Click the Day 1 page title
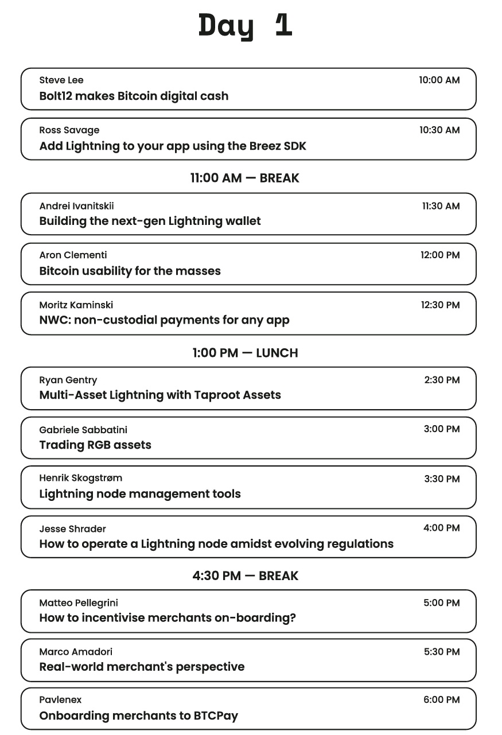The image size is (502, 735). [246, 26]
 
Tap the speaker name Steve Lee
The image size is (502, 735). [61, 80]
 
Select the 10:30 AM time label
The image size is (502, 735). [439, 130]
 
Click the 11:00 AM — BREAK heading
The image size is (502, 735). [245, 178]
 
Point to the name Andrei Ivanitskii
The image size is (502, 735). [76, 206]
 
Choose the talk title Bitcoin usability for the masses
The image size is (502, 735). [130, 271]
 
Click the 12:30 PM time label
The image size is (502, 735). [440, 305]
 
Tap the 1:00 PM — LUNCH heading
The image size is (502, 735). [245, 353]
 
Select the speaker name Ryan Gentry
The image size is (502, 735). [68, 380]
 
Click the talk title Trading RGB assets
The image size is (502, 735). [95, 445]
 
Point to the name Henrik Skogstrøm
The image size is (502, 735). [80, 478]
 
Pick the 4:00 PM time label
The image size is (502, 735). [441, 528]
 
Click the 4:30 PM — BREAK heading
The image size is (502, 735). [245, 575]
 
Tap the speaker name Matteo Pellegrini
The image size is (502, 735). [79, 602]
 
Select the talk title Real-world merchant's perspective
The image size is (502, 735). [142, 667]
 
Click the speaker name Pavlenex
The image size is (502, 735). [60, 699]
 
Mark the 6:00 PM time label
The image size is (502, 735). [441, 700]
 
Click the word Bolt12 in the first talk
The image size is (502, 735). [55, 96]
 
